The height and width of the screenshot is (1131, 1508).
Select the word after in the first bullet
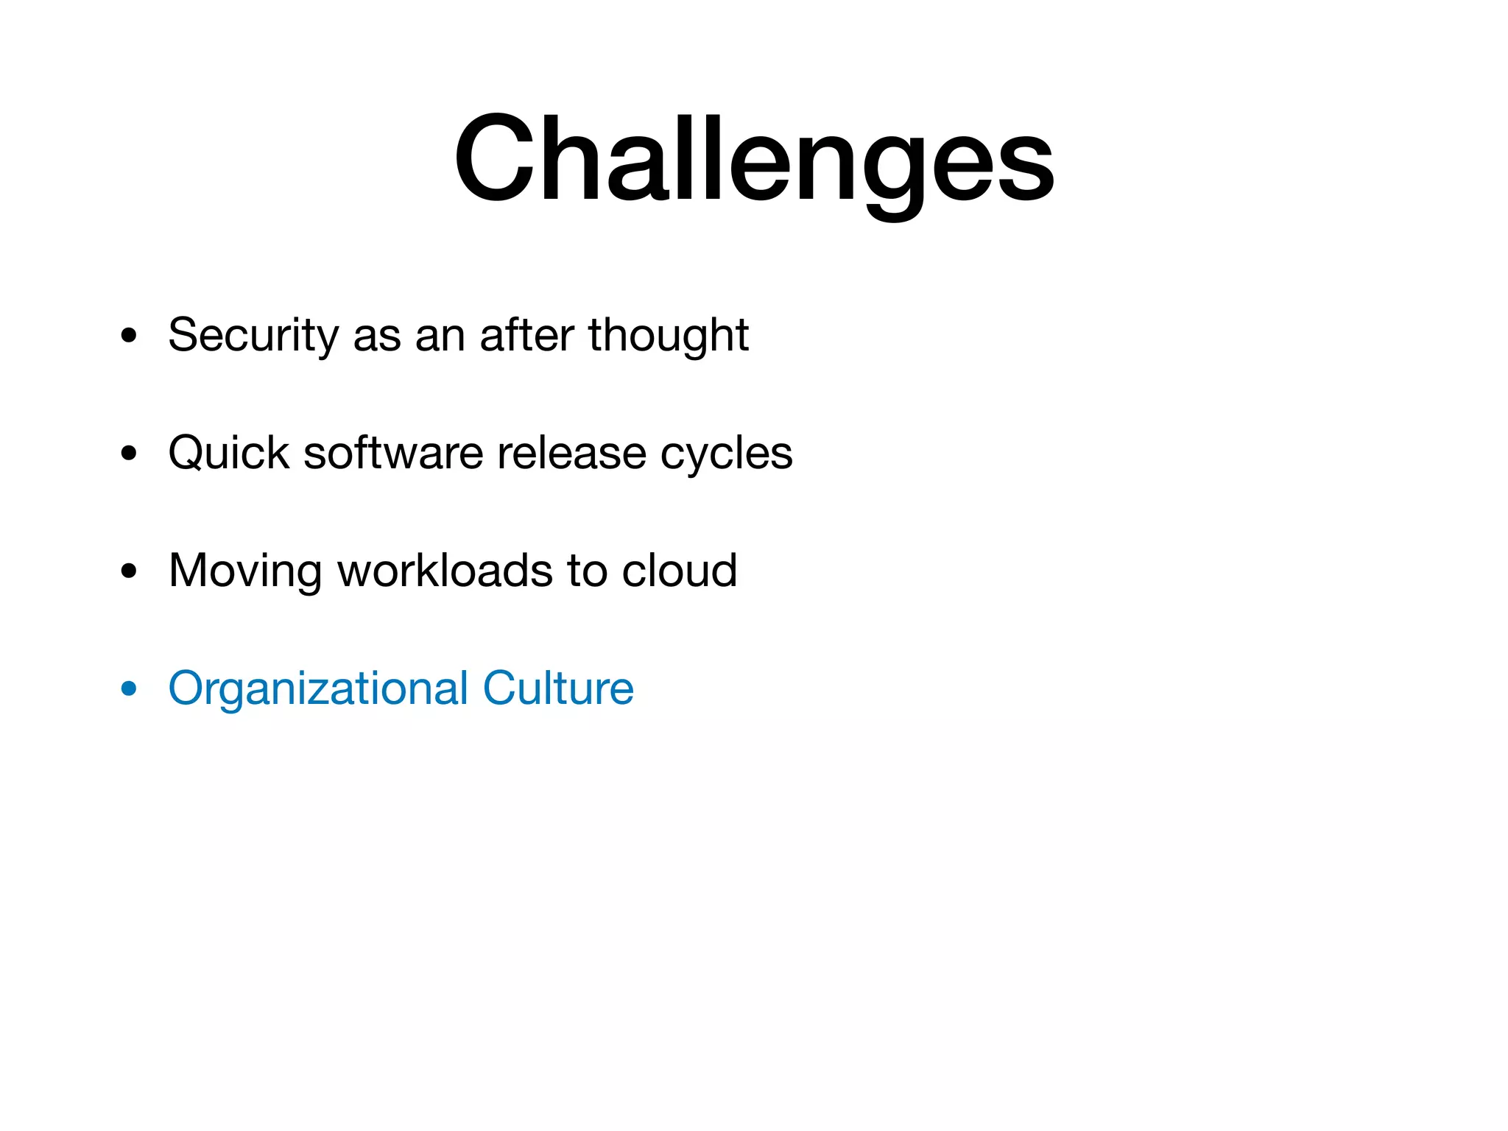click(x=526, y=335)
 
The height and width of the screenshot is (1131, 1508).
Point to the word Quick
click(x=228, y=453)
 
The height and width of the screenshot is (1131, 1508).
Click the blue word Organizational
click(x=318, y=689)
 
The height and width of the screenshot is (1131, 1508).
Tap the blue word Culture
click(x=558, y=688)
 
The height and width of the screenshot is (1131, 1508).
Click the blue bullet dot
click(x=129, y=689)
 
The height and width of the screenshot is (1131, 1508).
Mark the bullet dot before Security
click(x=129, y=336)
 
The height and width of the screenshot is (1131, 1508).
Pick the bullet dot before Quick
click(x=129, y=454)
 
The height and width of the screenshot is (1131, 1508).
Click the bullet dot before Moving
click(x=129, y=571)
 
